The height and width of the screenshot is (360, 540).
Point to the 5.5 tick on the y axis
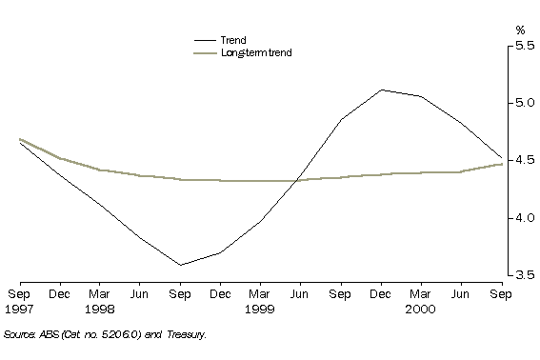click(x=524, y=46)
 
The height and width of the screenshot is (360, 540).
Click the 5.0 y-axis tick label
click(x=524, y=103)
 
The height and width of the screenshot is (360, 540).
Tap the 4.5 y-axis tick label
click(x=524, y=160)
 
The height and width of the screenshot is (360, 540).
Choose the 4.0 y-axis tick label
click(x=524, y=217)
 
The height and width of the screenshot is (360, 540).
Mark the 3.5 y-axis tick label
click(x=524, y=275)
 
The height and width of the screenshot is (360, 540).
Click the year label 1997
click(x=21, y=310)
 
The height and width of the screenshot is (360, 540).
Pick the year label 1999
click(x=260, y=310)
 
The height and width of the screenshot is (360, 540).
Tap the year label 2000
click(x=419, y=310)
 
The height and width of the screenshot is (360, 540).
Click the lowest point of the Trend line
click(x=179, y=265)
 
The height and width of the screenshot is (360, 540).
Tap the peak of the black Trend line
click(x=381, y=90)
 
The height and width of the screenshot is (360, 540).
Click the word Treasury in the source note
click(x=184, y=334)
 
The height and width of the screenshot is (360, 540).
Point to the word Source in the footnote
click(x=20, y=334)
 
